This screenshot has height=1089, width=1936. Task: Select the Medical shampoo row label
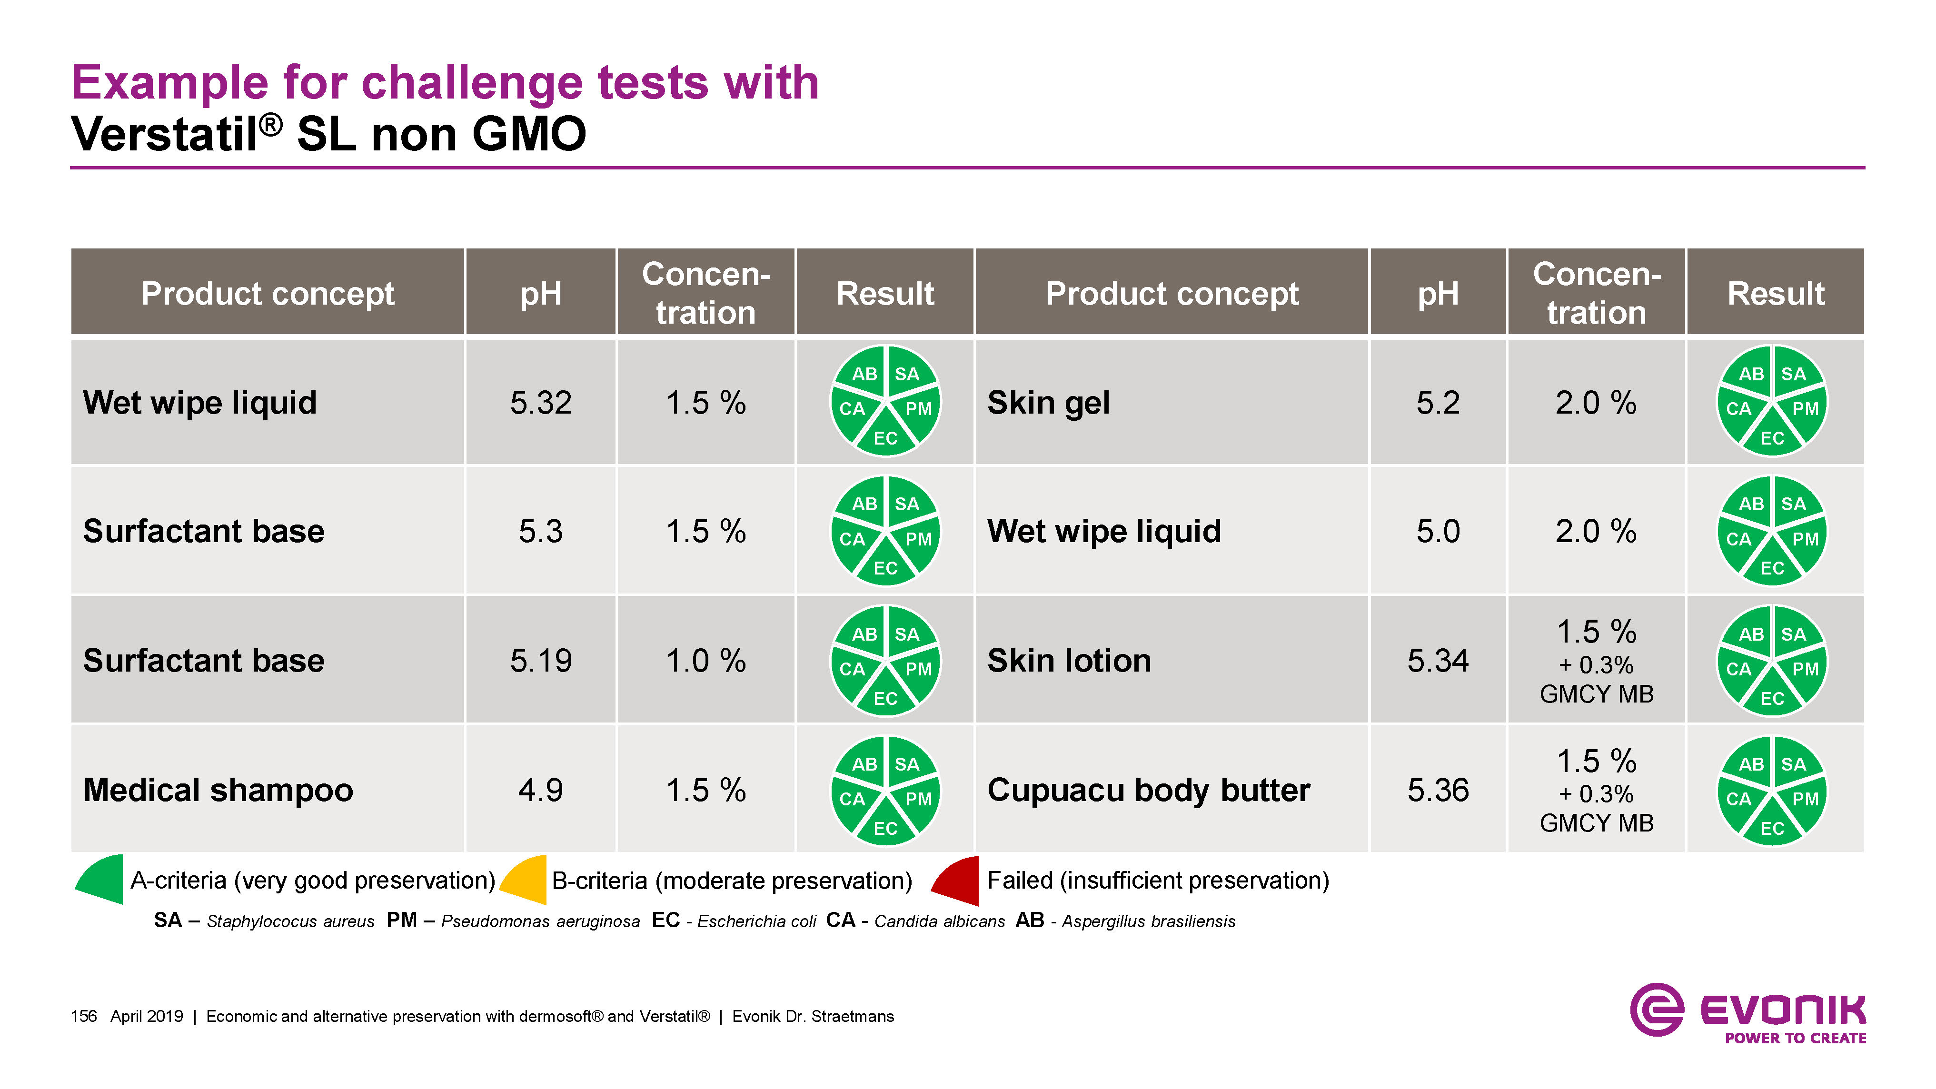tap(218, 790)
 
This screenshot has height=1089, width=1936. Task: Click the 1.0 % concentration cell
tap(705, 661)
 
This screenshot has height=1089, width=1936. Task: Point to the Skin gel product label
tap(1048, 403)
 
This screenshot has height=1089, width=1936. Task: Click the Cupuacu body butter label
tap(1148, 790)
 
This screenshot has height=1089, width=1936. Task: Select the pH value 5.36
tap(1438, 790)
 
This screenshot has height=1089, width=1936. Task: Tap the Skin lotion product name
tap(1069, 661)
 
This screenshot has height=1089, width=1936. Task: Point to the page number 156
tap(83, 1016)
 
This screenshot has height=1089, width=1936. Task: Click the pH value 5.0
tap(1438, 531)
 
